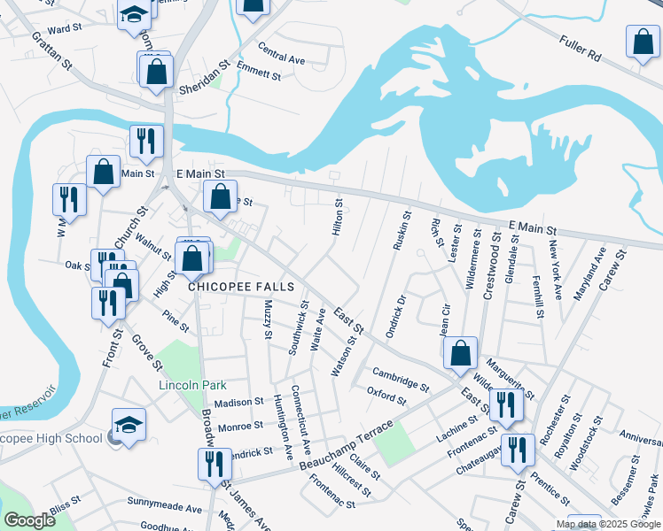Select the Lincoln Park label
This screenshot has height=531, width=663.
point(192,385)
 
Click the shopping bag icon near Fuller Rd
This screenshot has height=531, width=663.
point(642,42)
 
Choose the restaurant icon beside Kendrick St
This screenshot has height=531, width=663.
point(214,463)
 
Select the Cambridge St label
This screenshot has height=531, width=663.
point(401,378)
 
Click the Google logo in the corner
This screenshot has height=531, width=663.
point(30,520)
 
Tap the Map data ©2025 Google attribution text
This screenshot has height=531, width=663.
point(607,524)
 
